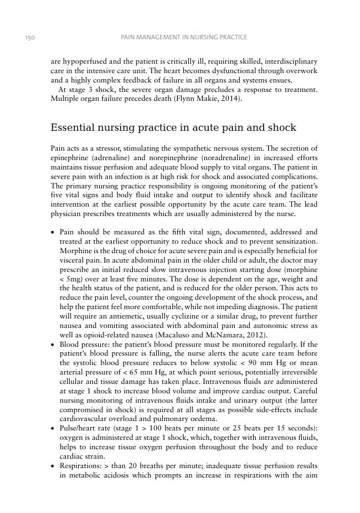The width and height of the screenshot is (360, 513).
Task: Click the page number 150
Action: point(30,37)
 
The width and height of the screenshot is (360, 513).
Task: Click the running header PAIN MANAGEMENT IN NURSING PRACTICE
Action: point(184,37)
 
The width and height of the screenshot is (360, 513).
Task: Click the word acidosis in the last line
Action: point(114,475)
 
